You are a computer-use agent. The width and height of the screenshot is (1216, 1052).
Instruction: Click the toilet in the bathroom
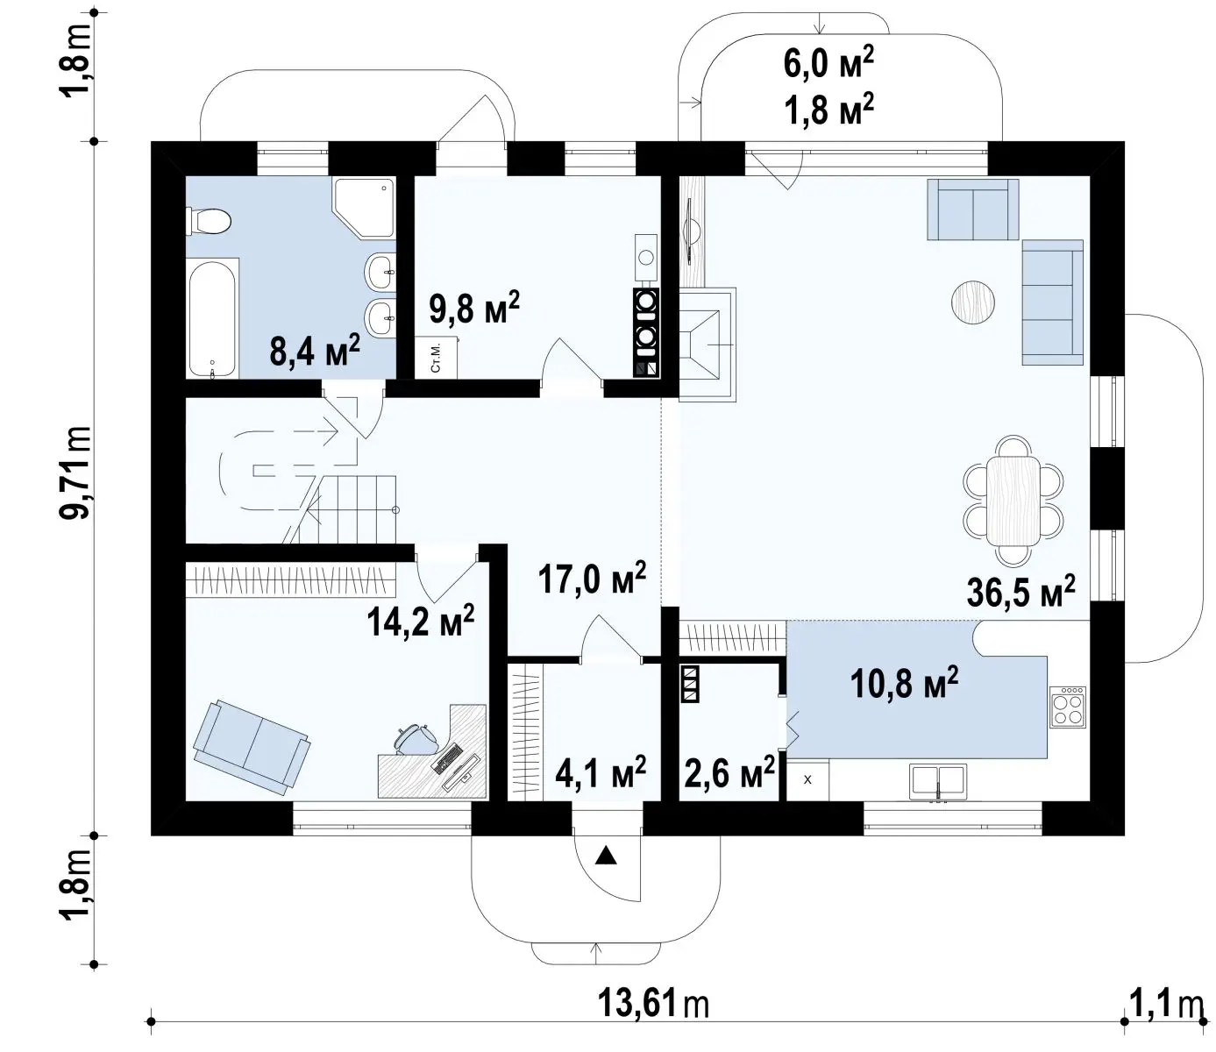pos(208,221)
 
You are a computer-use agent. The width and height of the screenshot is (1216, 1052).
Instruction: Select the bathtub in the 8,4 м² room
pos(212,320)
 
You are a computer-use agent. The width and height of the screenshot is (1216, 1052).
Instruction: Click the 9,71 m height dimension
pos(76,472)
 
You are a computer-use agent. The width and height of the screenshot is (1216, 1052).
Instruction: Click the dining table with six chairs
pos(1013,500)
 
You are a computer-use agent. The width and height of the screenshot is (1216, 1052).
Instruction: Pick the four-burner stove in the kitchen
pos(1068,707)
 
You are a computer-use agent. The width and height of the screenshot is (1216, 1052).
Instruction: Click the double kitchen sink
pos(938,781)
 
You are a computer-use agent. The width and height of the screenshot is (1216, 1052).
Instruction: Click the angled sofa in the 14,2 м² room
pos(252,747)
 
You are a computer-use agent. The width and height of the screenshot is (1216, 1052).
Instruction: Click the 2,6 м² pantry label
pos(729,771)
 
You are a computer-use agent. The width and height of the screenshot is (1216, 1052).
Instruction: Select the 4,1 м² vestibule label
pos(601,771)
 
